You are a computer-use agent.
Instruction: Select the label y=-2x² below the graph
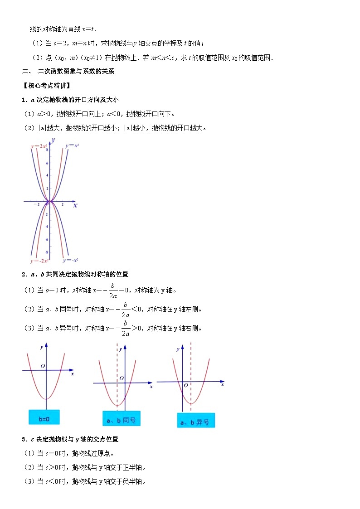(x=39, y=261)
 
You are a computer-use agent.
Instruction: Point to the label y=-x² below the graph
(x=71, y=260)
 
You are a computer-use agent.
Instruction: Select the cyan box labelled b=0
(x=44, y=417)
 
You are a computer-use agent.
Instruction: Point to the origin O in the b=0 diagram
(x=43, y=366)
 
